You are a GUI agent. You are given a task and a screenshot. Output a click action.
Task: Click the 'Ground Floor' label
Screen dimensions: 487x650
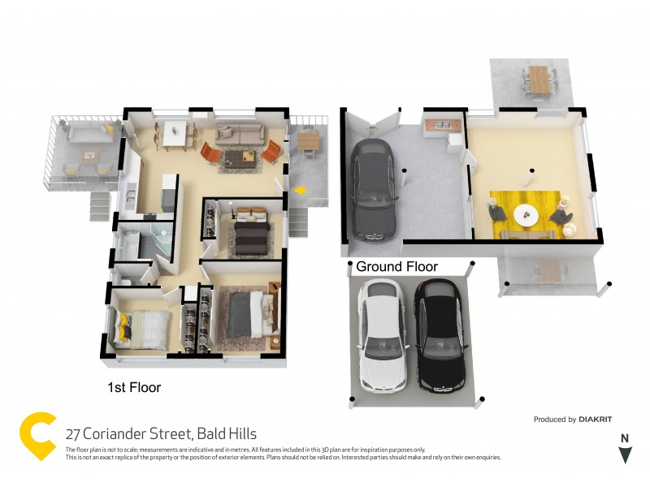[396, 266]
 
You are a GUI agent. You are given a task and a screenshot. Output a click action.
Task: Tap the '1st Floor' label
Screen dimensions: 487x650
[134, 388]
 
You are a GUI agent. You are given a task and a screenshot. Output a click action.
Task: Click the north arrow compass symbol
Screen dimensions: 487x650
[624, 450]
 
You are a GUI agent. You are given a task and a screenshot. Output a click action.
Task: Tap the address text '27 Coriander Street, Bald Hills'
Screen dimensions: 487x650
[161, 434]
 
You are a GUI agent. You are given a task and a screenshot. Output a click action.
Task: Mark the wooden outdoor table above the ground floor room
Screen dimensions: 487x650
[538, 80]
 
